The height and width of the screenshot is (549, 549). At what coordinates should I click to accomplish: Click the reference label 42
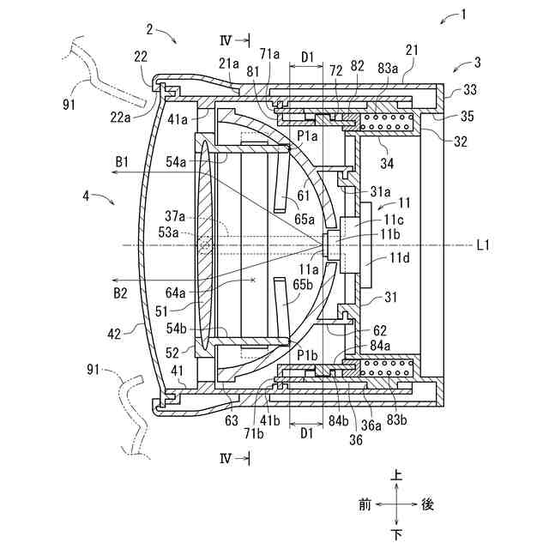click(114, 335)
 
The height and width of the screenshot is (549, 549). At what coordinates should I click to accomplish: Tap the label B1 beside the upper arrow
click(122, 162)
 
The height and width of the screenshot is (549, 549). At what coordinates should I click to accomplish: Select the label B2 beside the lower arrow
click(120, 293)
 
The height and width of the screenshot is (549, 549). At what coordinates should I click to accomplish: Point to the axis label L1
click(483, 244)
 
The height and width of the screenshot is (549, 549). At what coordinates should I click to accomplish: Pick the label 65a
click(305, 220)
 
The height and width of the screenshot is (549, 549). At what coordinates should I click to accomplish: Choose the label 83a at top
click(388, 68)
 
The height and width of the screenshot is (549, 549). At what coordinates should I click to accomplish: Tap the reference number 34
click(387, 163)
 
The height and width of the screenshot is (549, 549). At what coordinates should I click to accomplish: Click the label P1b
click(307, 355)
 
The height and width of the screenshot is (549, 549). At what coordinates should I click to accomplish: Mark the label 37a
click(175, 216)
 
